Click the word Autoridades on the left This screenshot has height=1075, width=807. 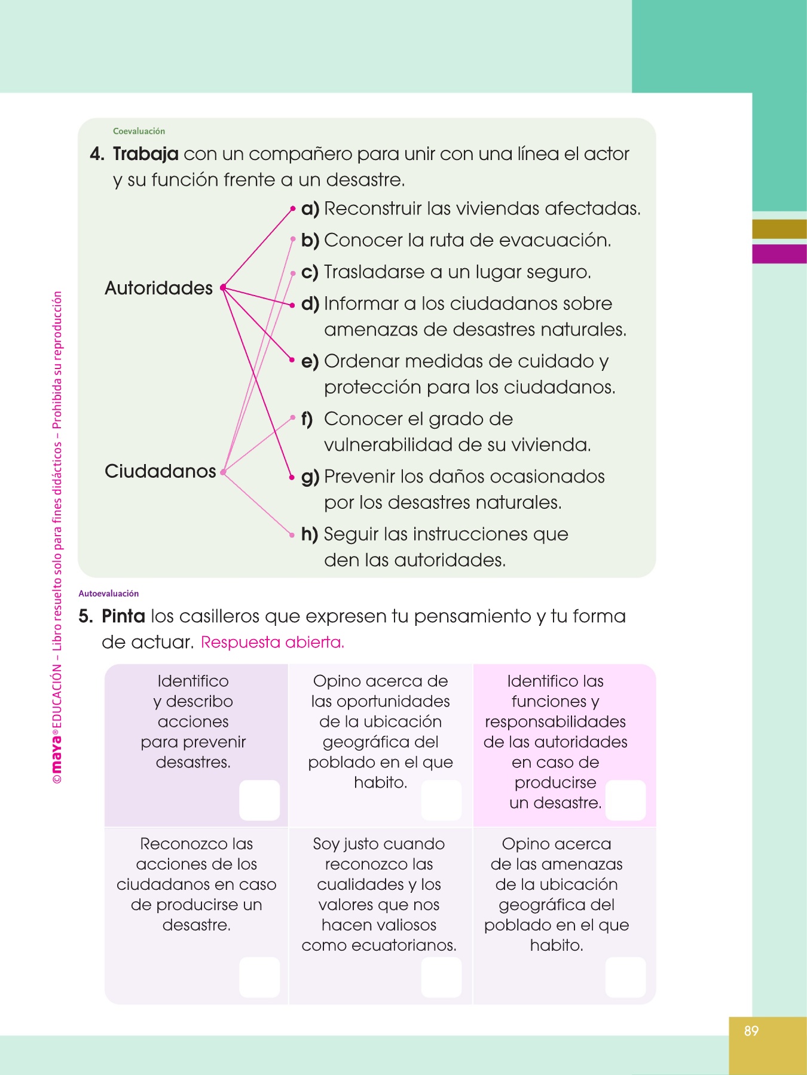[x=158, y=288]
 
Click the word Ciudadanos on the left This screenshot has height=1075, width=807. [x=160, y=471]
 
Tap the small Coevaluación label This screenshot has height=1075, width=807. [x=139, y=131]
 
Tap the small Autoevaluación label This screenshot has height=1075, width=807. [x=109, y=594]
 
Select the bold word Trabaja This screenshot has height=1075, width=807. [x=145, y=154]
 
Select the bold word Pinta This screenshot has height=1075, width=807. [x=123, y=616]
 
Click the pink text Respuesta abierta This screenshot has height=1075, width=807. [x=273, y=643]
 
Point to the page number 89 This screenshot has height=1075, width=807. [x=751, y=1031]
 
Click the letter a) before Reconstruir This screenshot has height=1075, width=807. [x=310, y=209]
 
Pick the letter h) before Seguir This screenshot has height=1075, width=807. [x=310, y=535]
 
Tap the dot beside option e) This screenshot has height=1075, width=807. [x=292, y=360]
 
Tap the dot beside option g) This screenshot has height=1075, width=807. [x=292, y=477]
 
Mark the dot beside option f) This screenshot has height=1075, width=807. [x=292, y=417]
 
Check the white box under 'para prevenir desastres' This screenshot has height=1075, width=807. [x=259, y=800]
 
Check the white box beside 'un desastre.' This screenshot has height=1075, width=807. [x=625, y=800]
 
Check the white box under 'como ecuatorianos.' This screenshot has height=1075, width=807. [x=441, y=977]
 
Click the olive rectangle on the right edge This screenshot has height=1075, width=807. [x=780, y=229]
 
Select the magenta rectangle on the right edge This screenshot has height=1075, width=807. [x=780, y=254]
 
